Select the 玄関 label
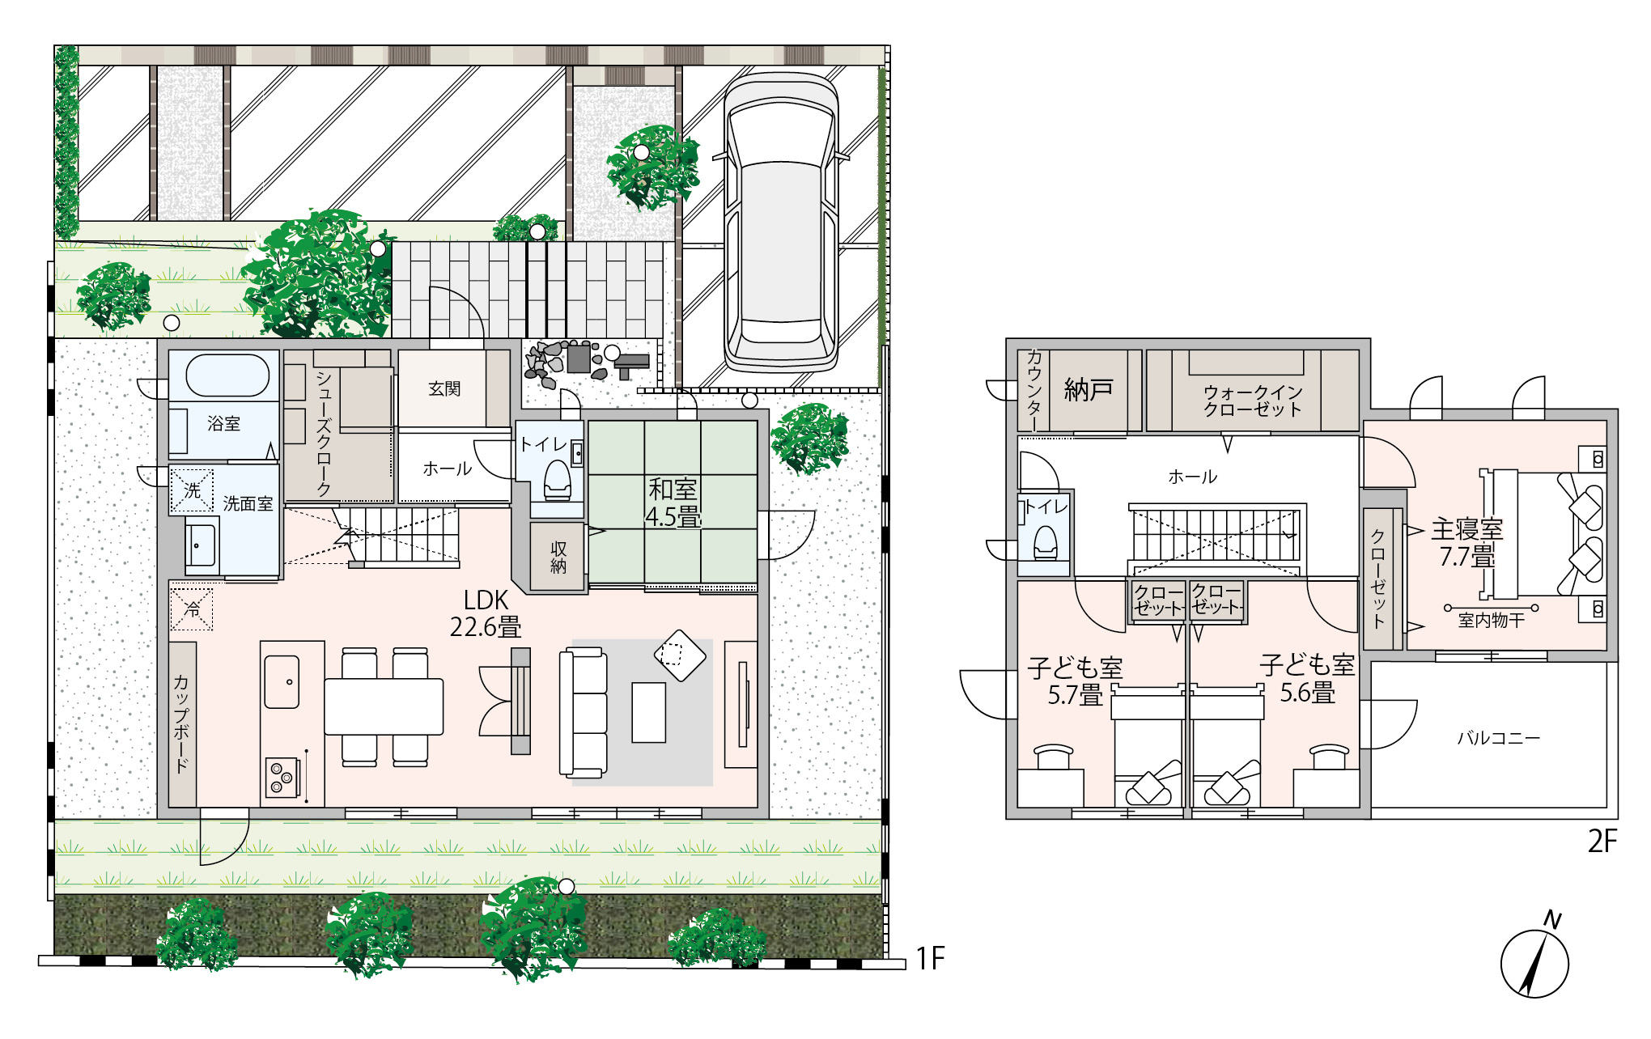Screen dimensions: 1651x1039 444,388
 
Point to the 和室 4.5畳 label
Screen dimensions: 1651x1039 673,503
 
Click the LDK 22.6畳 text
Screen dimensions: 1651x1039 486,613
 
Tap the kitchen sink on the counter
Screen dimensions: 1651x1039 282,681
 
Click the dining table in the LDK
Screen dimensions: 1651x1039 384,706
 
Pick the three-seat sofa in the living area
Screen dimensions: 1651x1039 583,712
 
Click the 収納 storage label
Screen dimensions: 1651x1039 558,557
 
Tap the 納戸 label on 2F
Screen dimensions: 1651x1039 1089,390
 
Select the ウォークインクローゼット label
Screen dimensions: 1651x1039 1253,401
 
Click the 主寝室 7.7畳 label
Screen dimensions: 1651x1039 1467,543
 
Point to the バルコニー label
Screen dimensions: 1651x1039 1499,738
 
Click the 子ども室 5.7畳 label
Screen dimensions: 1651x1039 1076,681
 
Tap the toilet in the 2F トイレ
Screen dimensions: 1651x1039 1046,542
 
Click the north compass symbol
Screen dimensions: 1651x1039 1534,960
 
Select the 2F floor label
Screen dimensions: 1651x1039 1602,842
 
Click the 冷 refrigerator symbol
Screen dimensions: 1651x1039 192,608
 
